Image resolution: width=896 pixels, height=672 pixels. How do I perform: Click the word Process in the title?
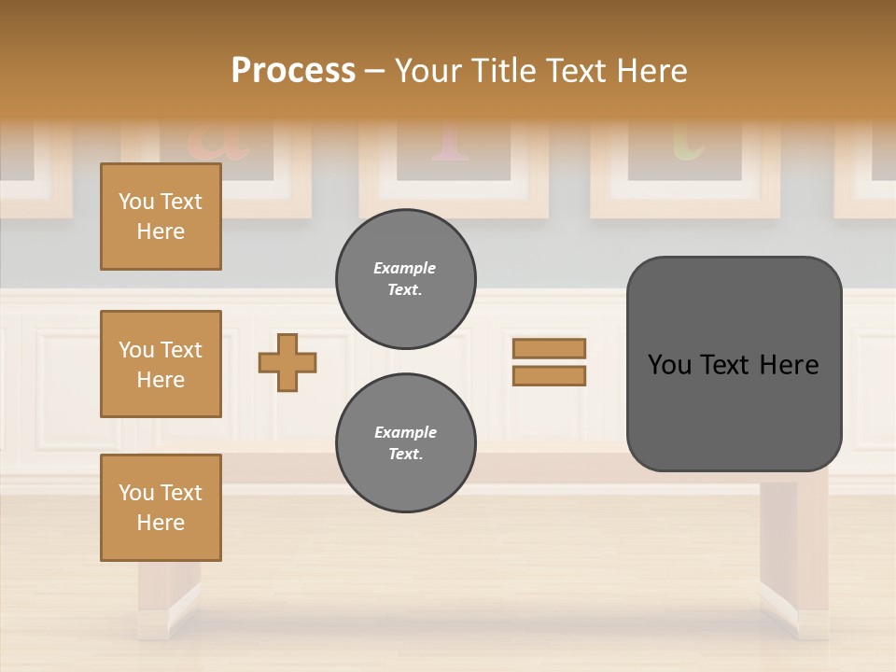tap(293, 71)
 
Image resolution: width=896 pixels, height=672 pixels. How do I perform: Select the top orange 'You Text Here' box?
tap(161, 217)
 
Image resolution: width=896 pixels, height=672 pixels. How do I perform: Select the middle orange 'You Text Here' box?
tap(161, 364)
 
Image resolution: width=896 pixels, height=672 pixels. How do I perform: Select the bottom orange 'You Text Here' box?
tap(161, 508)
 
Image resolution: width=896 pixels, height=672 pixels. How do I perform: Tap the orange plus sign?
tap(287, 362)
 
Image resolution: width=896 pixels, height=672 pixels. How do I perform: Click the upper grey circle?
tap(406, 278)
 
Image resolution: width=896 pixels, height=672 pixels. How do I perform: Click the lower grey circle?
tap(406, 442)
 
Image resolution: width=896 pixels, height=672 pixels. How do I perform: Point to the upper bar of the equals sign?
tap(549, 348)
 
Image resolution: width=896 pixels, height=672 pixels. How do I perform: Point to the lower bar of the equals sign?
tap(549, 375)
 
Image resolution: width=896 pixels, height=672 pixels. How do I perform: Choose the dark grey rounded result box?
tap(734, 364)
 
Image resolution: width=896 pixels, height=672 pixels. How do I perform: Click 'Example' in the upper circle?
tap(405, 268)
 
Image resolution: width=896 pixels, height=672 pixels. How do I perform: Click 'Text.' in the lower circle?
tap(405, 454)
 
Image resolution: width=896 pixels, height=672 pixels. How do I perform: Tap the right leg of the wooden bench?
tap(792, 560)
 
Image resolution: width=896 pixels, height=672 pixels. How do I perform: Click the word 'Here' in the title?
tap(653, 71)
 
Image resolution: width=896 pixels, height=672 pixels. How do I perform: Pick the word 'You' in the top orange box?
tap(135, 202)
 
